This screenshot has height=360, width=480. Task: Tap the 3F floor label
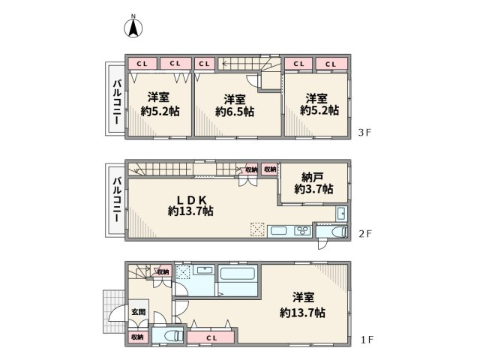364,133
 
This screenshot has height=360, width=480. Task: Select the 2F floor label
364,234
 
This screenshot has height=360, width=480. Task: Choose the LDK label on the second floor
191,199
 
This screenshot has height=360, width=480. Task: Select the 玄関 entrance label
139,312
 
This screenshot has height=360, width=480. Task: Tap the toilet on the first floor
168,335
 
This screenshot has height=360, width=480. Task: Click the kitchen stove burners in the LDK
303,229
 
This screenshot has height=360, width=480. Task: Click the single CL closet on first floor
211,338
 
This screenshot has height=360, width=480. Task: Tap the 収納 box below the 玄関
136,337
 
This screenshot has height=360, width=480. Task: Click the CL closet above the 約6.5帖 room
204,64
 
